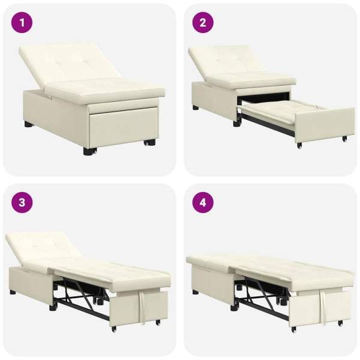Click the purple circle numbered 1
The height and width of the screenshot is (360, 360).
click(22, 23)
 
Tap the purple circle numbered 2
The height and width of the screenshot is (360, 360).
click(203, 23)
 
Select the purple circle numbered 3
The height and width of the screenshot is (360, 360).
click(22, 203)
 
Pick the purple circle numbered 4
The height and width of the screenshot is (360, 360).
click(203, 203)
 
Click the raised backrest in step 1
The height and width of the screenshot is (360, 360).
click(69, 64)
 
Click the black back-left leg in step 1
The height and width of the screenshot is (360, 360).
click(29, 124)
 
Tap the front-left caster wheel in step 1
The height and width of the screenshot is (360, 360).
click(90, 151)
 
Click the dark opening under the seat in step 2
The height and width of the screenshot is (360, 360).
click(263, 98)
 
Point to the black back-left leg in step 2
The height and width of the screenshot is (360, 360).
click(196, 107)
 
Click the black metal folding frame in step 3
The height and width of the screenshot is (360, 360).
click(80, 296)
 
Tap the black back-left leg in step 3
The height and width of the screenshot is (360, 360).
click(13, 293)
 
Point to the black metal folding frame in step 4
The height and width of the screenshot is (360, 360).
click(262, 296)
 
